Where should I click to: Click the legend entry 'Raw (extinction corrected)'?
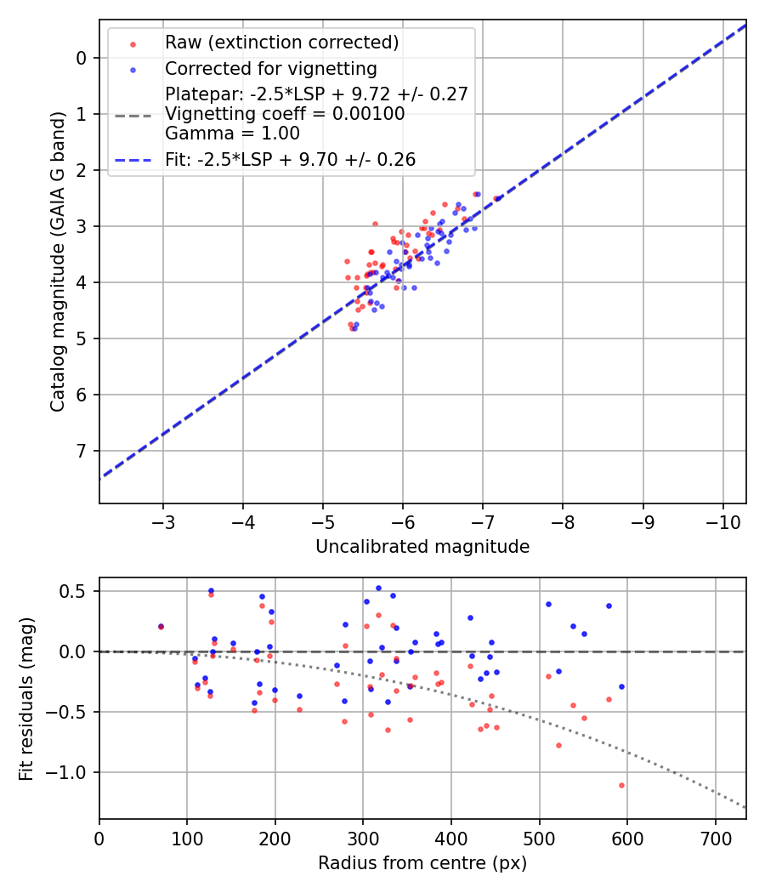tap(281, 43)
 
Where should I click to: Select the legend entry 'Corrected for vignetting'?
tap(271, 68)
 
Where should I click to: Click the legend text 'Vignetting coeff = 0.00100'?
tap(285, 114)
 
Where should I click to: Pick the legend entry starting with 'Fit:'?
tap(290, 160)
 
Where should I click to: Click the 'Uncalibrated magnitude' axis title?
tap(422, 547)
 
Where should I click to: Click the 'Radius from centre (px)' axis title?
tap(422, 863)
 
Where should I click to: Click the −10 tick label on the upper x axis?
tap(722, 521)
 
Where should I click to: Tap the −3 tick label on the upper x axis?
tap(163, 521)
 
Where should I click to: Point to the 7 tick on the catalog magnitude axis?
tap(82, 451)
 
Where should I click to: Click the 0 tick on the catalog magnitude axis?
tap(82, 58)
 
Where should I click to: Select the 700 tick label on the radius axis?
tap(715, 838)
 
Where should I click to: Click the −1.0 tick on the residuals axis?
tap(71, 772)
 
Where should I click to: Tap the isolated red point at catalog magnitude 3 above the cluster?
tap(375, 224)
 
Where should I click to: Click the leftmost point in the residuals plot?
tap(161, 627)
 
